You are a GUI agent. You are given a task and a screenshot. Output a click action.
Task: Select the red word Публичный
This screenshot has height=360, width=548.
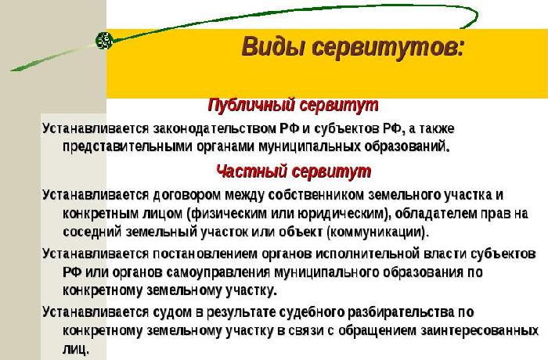[x=248, y=105]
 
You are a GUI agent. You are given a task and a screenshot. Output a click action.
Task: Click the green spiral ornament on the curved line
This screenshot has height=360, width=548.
[x=103, y=38]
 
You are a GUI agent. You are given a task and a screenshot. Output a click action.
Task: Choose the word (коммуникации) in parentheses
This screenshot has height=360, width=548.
[x=377, y=232]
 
